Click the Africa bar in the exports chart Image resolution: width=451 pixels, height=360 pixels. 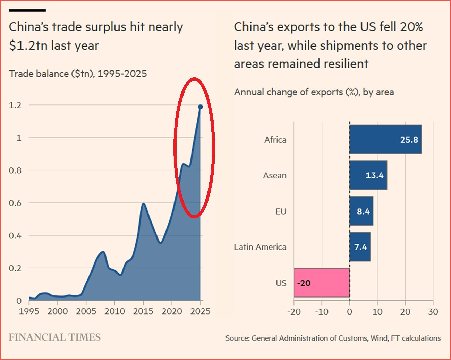point(385,139)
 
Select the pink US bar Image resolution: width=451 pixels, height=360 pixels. point(322,283)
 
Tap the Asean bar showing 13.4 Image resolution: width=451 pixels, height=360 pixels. point(368,175)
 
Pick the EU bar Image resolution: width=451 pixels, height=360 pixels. point(361,211)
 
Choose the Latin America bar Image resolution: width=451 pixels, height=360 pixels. point(360,247)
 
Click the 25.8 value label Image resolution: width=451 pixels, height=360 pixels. point(409,140)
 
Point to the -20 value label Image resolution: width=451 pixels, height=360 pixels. point(304,283)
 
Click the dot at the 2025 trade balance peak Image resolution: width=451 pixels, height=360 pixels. point(200,107)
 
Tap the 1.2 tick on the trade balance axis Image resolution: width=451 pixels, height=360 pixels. point(15,105)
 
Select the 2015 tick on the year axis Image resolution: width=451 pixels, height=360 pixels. point(143,311)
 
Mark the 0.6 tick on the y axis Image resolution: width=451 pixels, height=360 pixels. point(15,203)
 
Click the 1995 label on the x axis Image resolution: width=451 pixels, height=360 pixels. point(29,311)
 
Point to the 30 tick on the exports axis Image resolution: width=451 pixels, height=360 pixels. point(433,312)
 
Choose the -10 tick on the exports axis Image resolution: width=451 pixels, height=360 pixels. point(321,312)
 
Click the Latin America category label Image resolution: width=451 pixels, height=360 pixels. point(260,247)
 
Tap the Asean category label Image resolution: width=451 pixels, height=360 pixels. point(274,175)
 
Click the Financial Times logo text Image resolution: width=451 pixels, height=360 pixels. point(54,337)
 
